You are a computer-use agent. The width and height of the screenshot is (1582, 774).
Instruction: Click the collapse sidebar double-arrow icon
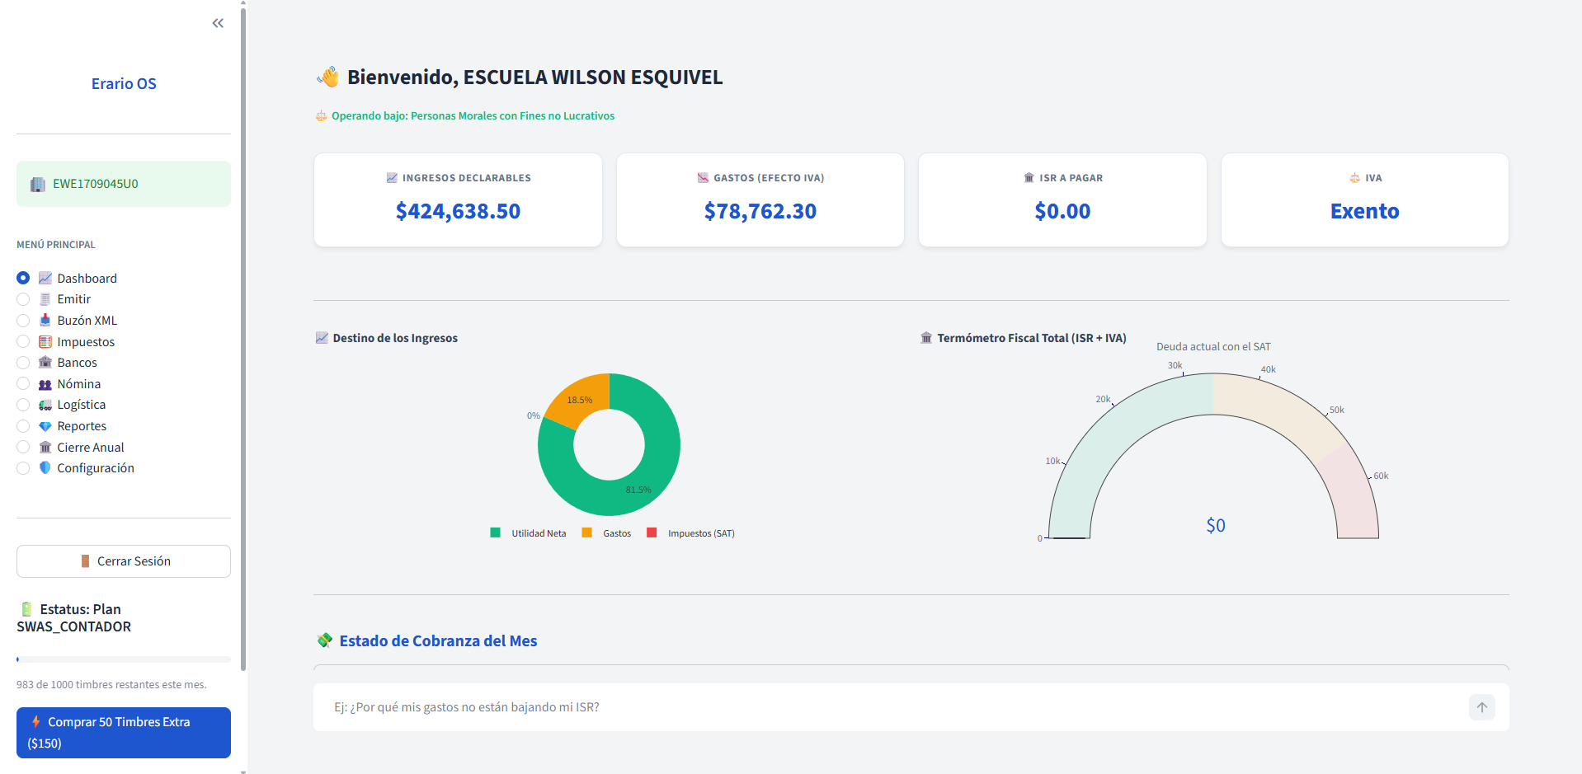[x=218, y=23]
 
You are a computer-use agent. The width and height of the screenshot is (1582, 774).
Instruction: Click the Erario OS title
[x=124, y=83]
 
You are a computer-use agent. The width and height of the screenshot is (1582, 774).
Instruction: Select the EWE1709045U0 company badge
[x=124, y=184]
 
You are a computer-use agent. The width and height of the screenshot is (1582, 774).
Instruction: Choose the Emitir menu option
[x=73, y=299]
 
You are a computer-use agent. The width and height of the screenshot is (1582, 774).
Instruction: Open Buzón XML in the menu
[x=87, y=321]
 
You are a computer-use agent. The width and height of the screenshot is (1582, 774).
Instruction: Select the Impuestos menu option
[x=85, y=342]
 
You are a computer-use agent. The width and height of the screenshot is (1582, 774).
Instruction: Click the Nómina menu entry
[x=78, y=384]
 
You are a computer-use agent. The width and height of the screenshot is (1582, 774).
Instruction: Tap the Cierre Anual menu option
[x=90, y=448]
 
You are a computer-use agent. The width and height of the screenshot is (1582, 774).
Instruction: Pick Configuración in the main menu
[x=95, y=468]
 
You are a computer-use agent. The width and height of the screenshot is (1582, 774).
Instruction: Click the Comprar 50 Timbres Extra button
[x=124, y=732]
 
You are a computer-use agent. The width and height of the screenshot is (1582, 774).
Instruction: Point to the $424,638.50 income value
[x=458, y=211]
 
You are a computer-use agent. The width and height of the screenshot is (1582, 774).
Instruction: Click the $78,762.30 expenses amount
[x=760, y=211]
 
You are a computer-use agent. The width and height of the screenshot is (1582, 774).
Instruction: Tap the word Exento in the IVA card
[x=1364, y=211]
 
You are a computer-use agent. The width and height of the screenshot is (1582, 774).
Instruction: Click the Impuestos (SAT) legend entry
[x=700, y=533]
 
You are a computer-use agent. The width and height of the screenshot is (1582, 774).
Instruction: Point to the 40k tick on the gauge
[x=1267, y=370]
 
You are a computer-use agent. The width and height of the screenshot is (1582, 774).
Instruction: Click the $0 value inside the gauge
[x=1215, y=525]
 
